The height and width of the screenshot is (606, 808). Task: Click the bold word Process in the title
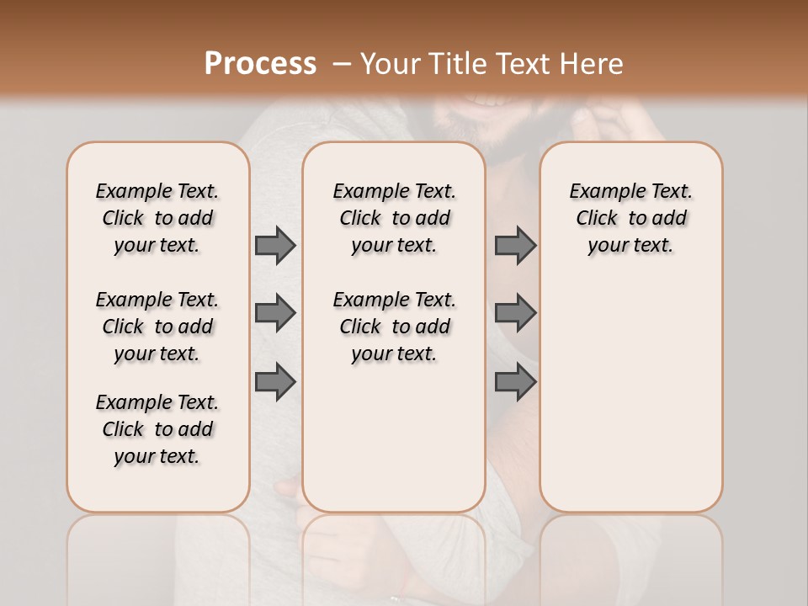tap(260, 64)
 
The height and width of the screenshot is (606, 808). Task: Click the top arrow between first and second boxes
tap(275, 246)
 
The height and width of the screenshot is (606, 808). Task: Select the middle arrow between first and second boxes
tap(275, 313)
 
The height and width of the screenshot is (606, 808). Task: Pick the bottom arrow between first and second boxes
tap(275, 381)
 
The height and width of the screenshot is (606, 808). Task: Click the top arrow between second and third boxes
tap(515, 246)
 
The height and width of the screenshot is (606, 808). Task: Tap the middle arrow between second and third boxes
tap(515, 313)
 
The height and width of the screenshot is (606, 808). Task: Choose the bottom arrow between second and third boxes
tap(515, 381)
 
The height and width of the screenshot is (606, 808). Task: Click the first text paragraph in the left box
tap(157, 218)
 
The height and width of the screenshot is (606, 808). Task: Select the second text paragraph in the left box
tap(157, 327)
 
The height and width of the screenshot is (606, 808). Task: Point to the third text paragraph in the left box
tap(157, 429)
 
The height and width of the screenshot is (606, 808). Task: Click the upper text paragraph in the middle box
tap(394, 218)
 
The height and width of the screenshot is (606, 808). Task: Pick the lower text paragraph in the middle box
tap(394, 327)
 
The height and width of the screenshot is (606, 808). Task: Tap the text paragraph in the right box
tap(631, 218)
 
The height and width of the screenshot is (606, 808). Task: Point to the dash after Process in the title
tap(341, 64)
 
